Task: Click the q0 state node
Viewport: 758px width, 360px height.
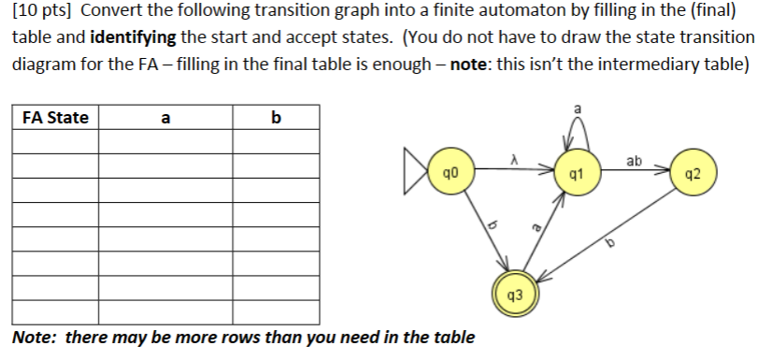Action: click(x=451, y=173)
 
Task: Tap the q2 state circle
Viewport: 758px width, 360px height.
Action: click(x=692, y=173)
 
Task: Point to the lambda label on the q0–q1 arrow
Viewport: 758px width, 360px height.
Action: click(x=514, y=161)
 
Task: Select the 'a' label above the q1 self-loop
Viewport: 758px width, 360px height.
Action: click(x=578, y=109)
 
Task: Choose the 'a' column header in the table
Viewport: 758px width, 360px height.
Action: click(x=165, y=118)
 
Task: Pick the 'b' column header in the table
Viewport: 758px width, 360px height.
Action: click(x=275, y=118)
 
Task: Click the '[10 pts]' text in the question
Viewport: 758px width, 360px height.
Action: click(x=43, y=14)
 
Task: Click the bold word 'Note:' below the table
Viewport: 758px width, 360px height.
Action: click(x=36, y=337)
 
